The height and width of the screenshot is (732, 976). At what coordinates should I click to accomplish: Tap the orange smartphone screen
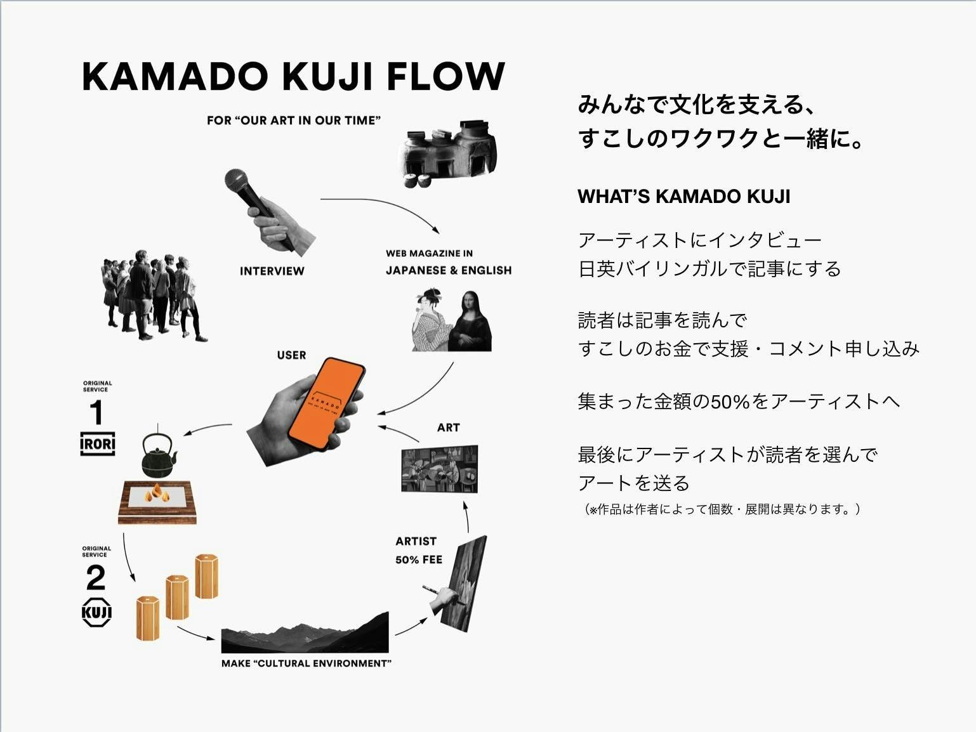pos(325,403)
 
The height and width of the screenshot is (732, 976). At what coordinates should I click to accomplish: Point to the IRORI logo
pos(98,443)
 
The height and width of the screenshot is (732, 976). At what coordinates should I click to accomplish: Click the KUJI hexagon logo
pos(96,612)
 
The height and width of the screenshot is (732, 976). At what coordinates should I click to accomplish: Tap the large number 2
pos(96,578)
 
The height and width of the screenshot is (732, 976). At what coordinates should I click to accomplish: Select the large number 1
pos(96,413)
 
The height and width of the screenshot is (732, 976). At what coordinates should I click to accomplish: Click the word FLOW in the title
pos(445,77)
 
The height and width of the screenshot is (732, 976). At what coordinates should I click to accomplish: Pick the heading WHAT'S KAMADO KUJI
pos(683,197)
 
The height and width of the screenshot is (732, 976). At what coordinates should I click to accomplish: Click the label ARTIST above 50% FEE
pos(416,541)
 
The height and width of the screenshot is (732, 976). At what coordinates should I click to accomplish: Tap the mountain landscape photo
pos(305,634)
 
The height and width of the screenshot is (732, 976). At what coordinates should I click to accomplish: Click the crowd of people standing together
pos(152,295)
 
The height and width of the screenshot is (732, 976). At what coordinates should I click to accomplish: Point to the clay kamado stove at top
pos(447,152)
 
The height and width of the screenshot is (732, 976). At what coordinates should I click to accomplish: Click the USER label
pos(291,355)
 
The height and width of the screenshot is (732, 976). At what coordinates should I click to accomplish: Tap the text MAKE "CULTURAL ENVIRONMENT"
pos(306,663)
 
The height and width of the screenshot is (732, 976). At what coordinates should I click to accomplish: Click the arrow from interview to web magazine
pos(381,206)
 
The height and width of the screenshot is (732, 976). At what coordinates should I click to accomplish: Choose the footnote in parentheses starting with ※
pos(722,509)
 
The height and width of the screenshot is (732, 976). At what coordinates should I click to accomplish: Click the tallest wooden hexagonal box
pos(206,576)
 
